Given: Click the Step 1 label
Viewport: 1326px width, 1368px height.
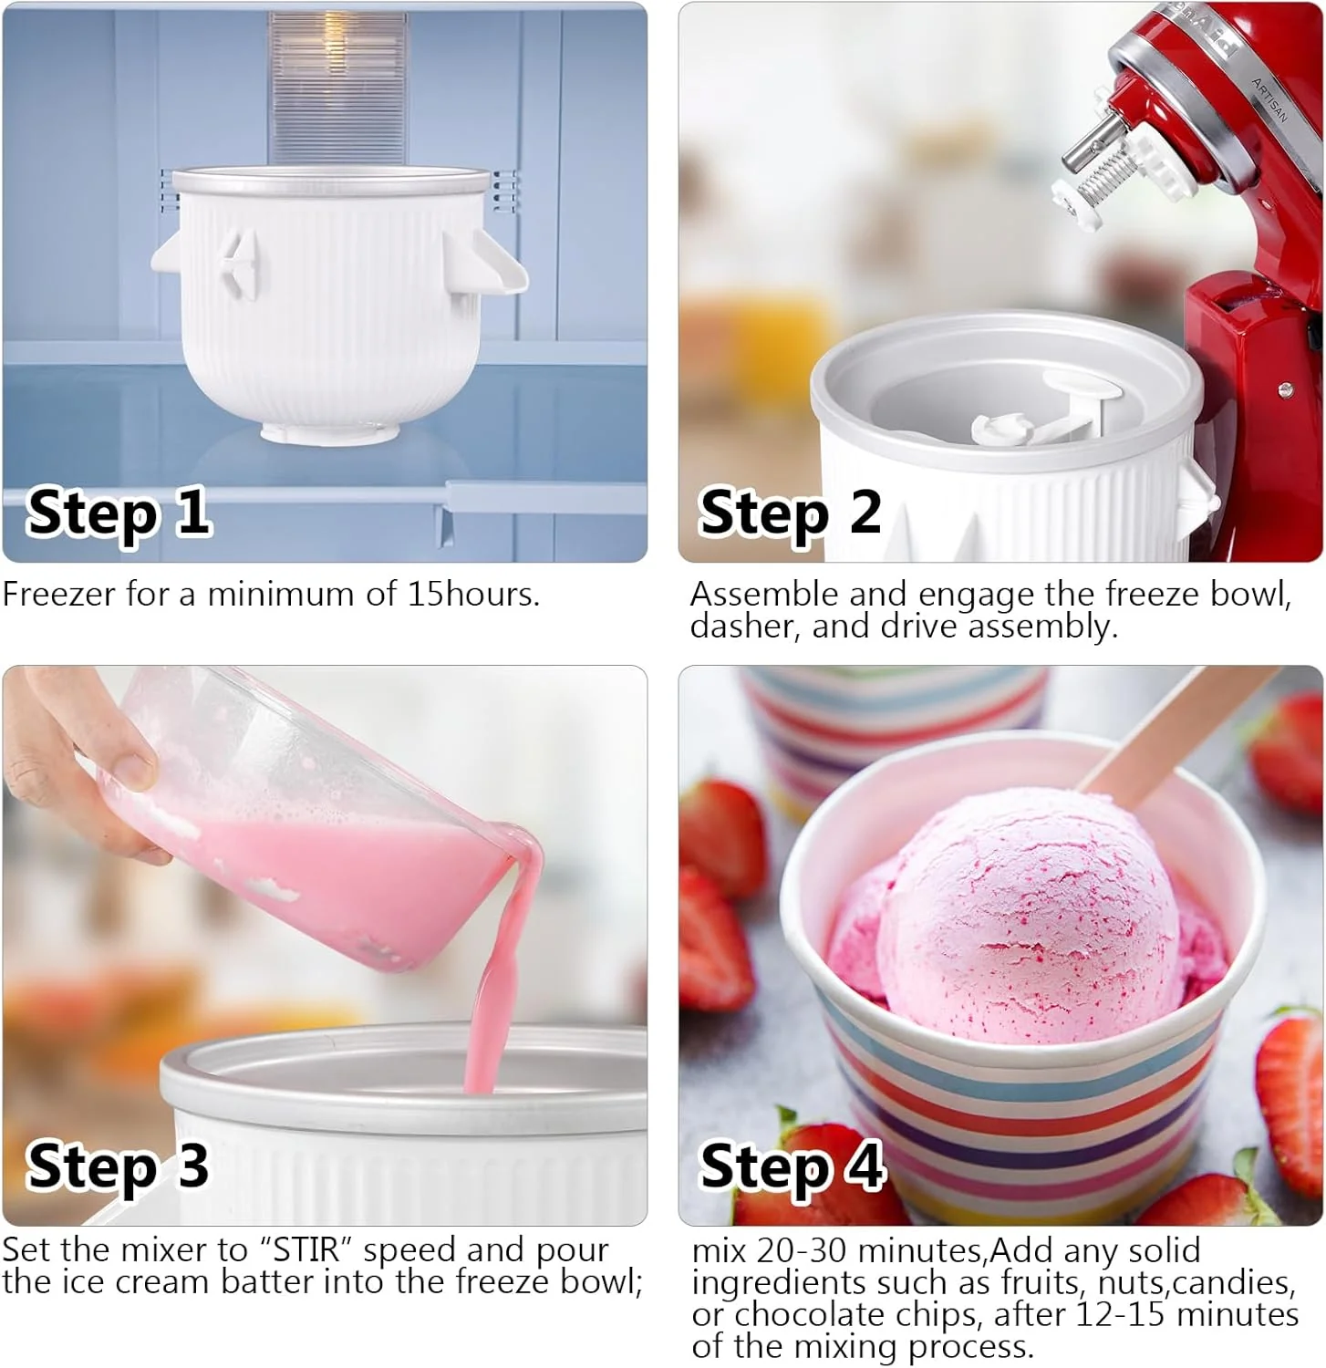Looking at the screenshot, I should pyautogui.click(x=119, y=514).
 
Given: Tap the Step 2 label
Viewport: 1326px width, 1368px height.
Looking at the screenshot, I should pyautogui.click(x=790, y=514).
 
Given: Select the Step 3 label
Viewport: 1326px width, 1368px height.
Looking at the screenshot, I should pyautogui.click(x=119, y=1167).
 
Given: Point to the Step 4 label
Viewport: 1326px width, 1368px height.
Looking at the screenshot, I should pyautogui.click(x=791, y=1167).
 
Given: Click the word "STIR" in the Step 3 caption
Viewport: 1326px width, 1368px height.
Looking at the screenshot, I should pyautogui.click(x=306, y=1249).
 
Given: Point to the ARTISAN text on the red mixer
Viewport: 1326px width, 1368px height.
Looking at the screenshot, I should pyautogui.click(x=1269, y=100).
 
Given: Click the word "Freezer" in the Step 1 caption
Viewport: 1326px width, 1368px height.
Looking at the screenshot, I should pyautogui.click(x=59, y=595).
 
